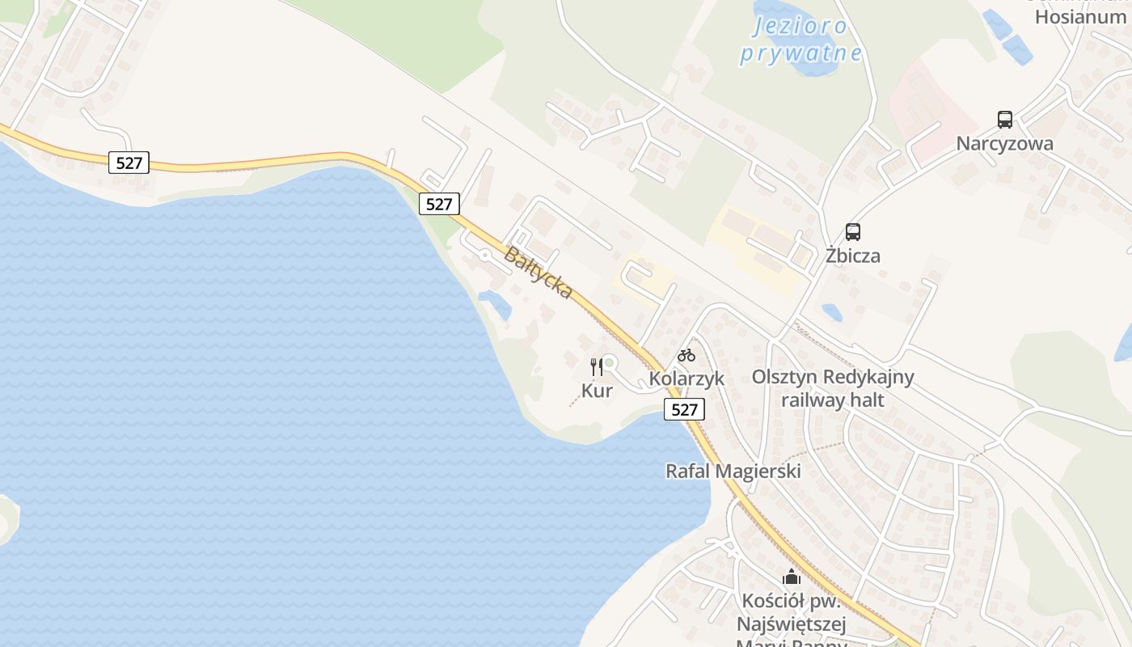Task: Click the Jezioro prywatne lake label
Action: tap(800, 40)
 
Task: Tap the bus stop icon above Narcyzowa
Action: tap(1005, 120)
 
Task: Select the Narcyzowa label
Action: tap(1005, 144)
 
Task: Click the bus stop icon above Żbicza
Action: tap(853, 232)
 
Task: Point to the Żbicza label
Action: tap(853, 256)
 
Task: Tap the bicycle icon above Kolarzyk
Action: tap(686, 355)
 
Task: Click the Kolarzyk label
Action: tap(686, 378)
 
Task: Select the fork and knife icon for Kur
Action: tap(597, 366)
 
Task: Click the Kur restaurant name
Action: tap(597, 391)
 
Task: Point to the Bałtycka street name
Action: tap(539, 273)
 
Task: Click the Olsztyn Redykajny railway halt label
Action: tap(833, 388)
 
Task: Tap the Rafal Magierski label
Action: tap(733, 471)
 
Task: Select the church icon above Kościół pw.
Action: tap(792, 577)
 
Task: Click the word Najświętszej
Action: tap(792, 624)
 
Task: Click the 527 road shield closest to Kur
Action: tap(684, 409)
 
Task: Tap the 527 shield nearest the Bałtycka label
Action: tap(439, 204)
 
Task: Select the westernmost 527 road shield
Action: tap(129, 163)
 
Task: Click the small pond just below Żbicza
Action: tap(831, 312)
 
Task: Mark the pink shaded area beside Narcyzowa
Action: tap(922, 105)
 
